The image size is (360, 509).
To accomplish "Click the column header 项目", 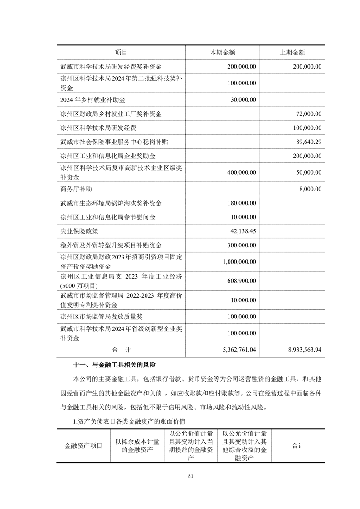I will (x=121, y=53).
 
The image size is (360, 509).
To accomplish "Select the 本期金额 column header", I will (x=222, y=53).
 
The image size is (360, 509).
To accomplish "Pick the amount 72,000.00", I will (x=308, y=113).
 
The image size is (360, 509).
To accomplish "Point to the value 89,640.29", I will (x=308, y=142).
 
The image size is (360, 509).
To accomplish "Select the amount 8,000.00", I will (x=310, y=189).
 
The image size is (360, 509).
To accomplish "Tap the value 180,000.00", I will (x=240, y=203).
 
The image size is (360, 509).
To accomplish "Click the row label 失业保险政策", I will (x=79, y=231).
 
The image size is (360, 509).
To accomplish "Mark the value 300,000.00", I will (x=240, y=245).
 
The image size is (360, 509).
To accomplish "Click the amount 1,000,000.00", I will (x=238, y=262).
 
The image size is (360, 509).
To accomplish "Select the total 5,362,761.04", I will (x=237, y=350).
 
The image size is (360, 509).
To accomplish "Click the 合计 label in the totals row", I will (x=121, y=350).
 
